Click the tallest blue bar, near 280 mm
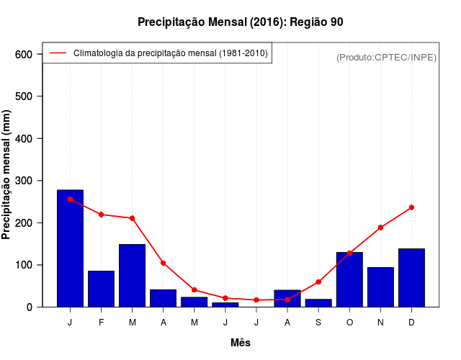coord(70,248)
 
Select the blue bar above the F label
coord(101,289)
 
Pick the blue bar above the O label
coord(349,279)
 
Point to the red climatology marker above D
coord(411,207)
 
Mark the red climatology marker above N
coord(380,228)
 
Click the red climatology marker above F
coord(101,215)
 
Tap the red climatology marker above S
coord(318,282)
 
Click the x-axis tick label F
coord(101,323)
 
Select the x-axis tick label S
coord(318,323)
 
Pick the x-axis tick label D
coord(411,323)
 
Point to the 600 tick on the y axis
coord(24,55)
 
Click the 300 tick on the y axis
coord(24,181)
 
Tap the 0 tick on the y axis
coord(30,307)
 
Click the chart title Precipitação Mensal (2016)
coord(240,22)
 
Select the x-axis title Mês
coord(241,343)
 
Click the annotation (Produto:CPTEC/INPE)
coord(386,57)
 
